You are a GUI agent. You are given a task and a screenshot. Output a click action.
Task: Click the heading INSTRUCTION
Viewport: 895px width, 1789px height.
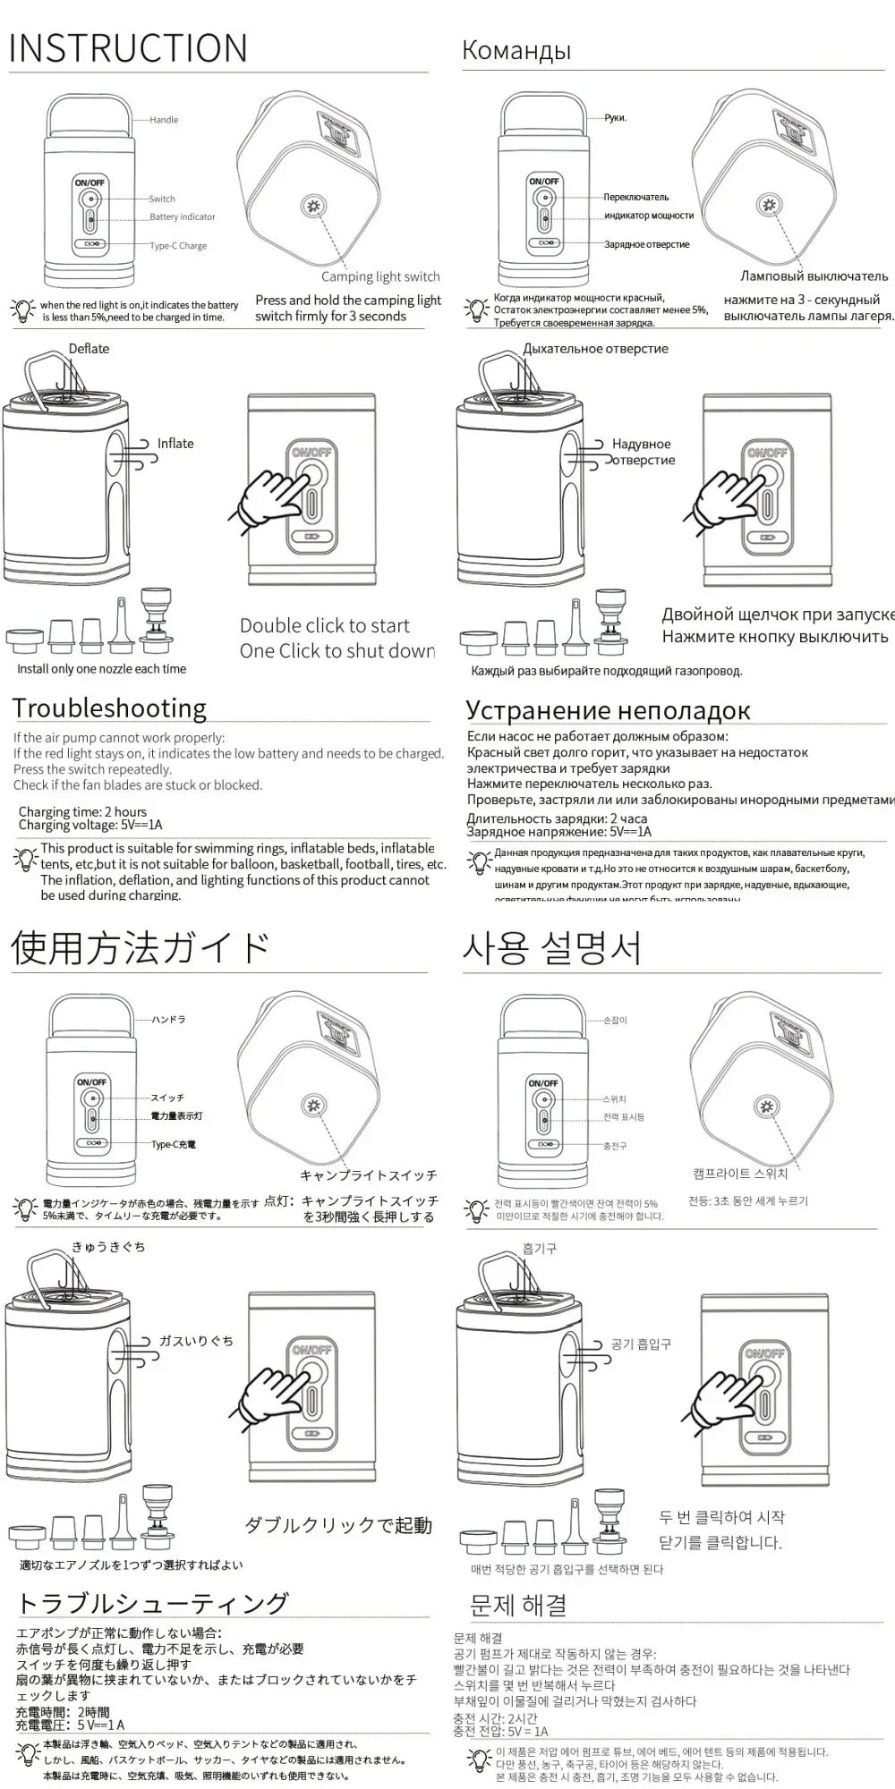tap(128, 48)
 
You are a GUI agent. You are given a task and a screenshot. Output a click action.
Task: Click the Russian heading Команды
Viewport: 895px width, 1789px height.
tap(516, 50)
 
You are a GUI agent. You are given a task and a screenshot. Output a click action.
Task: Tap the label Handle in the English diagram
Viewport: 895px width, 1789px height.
tap(164, 120)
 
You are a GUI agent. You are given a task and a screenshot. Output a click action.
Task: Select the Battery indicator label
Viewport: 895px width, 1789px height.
tap(183, 216)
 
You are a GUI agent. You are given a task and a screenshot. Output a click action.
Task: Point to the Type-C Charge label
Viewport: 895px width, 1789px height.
tap(179, 246)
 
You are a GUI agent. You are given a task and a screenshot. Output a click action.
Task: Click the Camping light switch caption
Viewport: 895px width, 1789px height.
tap(380, 276)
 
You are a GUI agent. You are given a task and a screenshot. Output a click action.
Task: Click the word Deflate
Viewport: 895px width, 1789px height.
tap(89, 349)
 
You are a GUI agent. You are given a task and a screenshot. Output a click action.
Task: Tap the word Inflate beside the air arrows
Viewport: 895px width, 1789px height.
tap(175, 444)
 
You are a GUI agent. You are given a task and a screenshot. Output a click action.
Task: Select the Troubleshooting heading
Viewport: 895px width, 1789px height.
tap(109, 708)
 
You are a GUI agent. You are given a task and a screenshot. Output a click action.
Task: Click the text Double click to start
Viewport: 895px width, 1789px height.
tap(324, 625)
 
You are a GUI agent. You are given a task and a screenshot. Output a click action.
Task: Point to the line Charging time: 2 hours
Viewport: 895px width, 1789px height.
tap(82, 812)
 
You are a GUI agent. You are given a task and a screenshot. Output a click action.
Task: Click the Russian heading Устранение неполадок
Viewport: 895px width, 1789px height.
tap(607, 710)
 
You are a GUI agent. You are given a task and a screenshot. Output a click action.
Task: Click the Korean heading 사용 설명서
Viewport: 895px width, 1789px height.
tap(552, 948)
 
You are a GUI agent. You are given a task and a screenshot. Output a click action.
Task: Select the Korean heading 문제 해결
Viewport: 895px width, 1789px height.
tap(518, 1605)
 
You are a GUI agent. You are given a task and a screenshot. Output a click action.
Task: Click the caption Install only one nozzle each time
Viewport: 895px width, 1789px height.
tap(102, 669)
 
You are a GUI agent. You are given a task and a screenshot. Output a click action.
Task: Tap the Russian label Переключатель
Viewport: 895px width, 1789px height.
tap(635, 197)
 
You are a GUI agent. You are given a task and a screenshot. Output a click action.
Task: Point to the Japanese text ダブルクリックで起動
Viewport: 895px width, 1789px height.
tap(338, 1525)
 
